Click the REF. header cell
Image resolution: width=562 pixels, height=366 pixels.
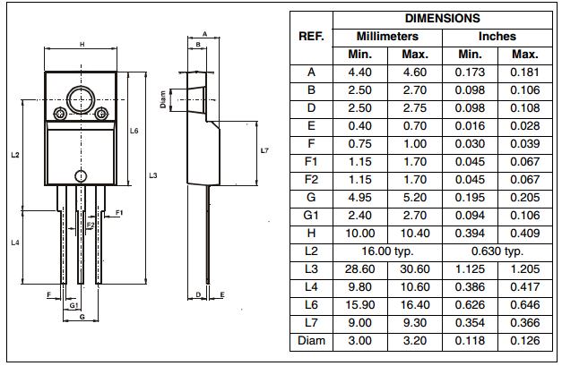pos(310,37)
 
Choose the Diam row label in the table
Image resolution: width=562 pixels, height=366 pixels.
pos(310,341)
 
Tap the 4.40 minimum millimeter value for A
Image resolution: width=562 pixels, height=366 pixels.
pos(366,72)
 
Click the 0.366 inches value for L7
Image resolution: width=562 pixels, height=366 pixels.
pos(524,323)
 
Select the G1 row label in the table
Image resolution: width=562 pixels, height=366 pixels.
pos(310,216)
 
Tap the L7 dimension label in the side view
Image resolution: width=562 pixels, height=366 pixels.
pos(264,150)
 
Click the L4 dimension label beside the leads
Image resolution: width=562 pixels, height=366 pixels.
pos(15,243)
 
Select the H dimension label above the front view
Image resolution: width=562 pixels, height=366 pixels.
pos(82,44)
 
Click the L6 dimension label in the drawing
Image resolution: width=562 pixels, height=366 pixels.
pos(134,131)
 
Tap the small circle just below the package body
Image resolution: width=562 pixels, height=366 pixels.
pos(82,175)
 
